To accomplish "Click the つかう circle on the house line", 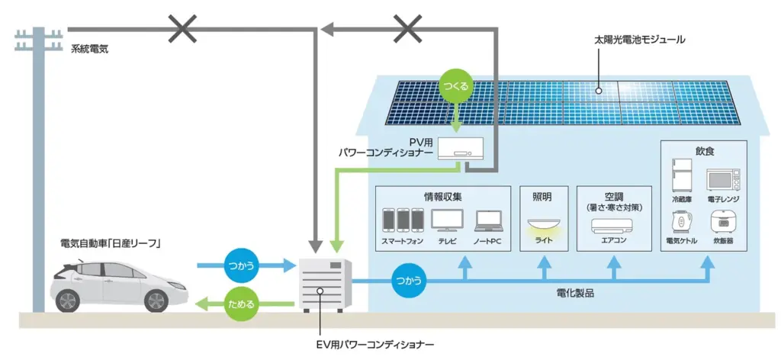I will (x=408, y=280).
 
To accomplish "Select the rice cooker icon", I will (x=723, y=221).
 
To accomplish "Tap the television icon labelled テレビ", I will (x=446, y=221).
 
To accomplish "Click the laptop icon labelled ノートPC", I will (x=488, y=222).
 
